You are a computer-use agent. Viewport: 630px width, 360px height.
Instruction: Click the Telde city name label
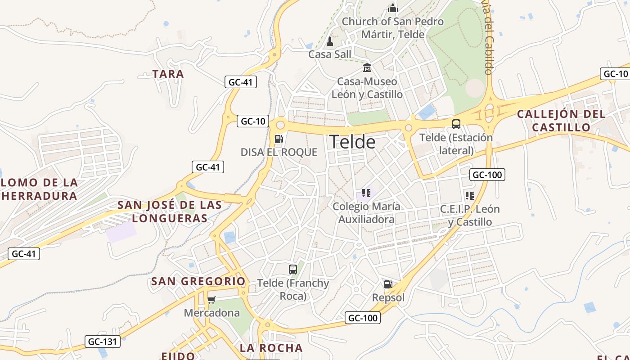tap(352, 142)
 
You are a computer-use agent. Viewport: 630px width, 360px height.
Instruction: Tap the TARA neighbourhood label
tap(168, 74)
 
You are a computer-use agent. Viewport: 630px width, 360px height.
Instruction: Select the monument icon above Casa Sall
tap(330, 42)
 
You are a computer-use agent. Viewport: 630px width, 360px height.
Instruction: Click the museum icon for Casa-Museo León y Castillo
tap(367, 68)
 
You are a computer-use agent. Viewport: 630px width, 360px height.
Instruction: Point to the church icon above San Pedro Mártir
tap(393, 8)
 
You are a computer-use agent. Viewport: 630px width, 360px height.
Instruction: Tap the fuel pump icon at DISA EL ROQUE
tap(279, 139)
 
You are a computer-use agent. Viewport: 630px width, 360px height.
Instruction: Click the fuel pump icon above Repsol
tap(388, 284)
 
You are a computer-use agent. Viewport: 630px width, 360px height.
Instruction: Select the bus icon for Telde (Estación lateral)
tap(456, 124)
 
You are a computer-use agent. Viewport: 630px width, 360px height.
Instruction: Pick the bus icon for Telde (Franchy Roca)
tap(293, 270)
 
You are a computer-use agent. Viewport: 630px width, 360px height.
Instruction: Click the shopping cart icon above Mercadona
tap(211, 300)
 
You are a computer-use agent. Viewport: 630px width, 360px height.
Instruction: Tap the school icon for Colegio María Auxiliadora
tap(366, 193)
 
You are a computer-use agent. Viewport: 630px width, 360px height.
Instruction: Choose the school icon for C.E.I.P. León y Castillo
tap(470, 196)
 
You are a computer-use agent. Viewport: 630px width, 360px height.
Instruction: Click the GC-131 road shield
tap(102, 342)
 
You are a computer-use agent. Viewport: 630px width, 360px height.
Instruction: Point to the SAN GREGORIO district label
tap(198, 282)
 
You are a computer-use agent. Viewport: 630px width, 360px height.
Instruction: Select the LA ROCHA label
tap(271, 348)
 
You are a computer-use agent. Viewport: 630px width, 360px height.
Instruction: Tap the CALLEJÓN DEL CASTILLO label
tap(561, 121)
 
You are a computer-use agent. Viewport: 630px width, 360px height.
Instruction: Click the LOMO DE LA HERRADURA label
tap(39, 189)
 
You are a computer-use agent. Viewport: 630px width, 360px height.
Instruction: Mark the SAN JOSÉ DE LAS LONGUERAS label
tap(170, 212)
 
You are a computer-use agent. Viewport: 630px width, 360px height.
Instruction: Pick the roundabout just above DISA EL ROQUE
tap(280, 124)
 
